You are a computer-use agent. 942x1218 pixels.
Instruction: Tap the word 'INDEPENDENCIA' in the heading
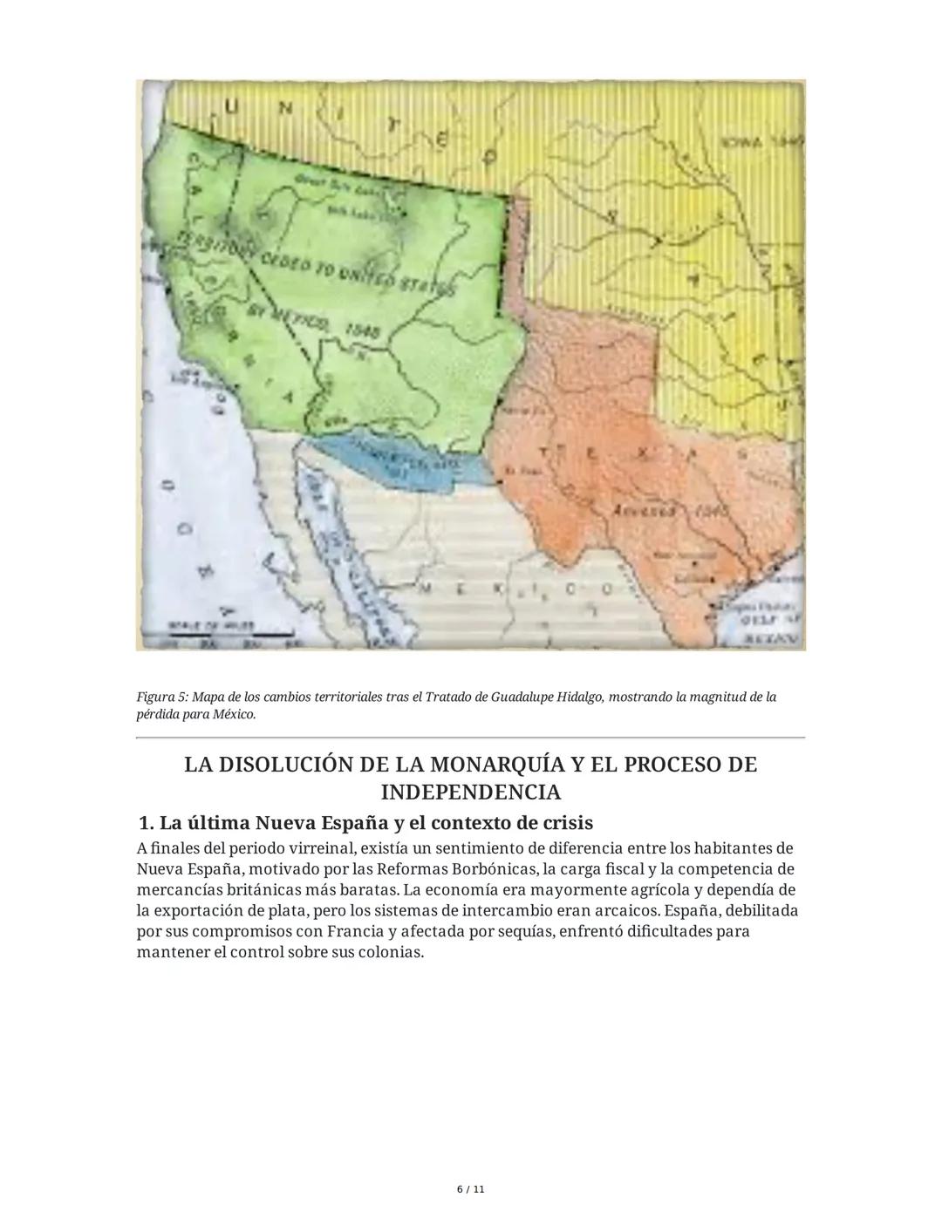pyautogui.click(x=471, y=793)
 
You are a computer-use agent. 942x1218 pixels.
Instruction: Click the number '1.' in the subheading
pyautogui.click(x=147, y=823)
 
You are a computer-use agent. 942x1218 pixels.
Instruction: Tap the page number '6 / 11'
pyautogui.click(x=471, y=1189)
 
